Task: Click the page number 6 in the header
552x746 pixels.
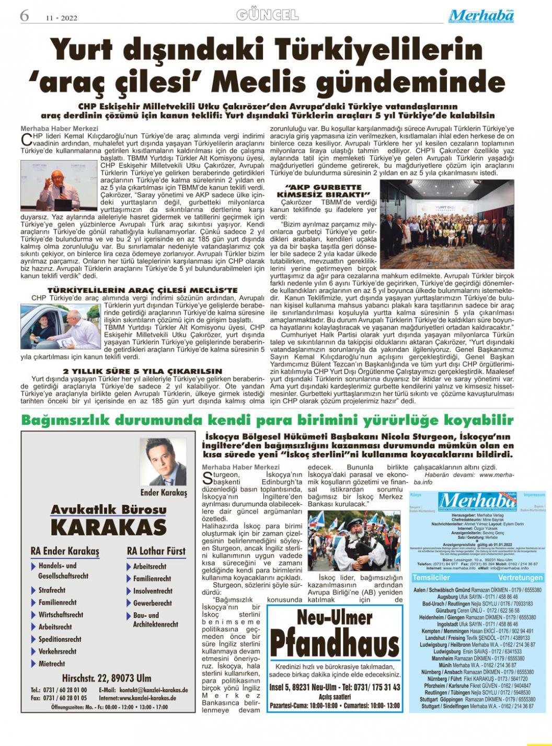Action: coord(24,16)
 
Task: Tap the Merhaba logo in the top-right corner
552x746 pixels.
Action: coord(481,16)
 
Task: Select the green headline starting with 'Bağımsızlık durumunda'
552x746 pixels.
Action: coord(267,420)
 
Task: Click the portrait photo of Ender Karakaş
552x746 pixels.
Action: coord(163,461)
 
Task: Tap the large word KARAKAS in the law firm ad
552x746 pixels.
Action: coord(109,527)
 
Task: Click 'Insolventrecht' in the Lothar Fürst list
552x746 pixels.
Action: coord(153,591)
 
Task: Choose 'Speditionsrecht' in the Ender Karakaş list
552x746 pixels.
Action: coord(60,639)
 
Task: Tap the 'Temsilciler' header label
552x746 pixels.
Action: coord(431,578)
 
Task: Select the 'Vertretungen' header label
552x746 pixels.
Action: coord(520,578)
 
